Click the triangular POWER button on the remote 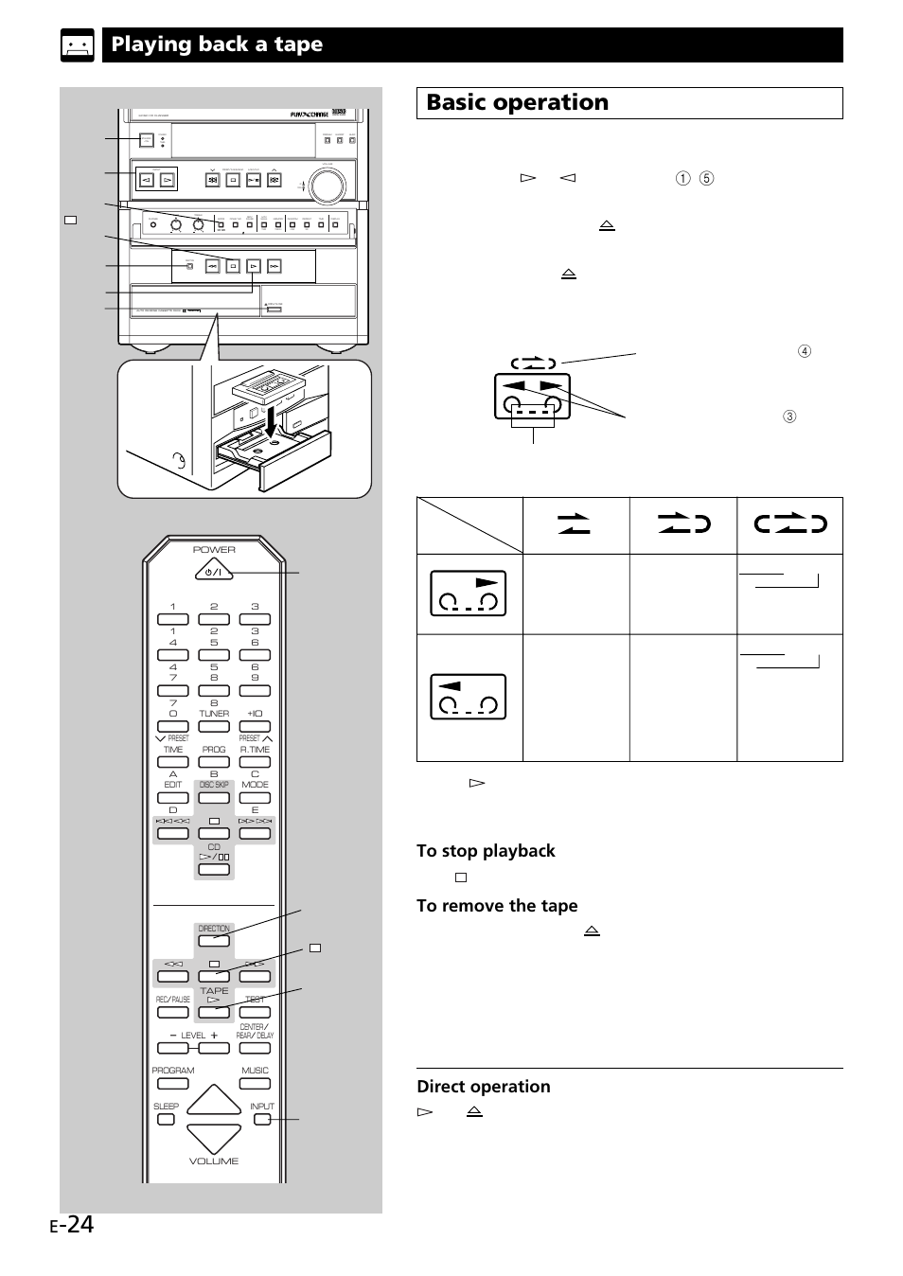click(x=214, y=571)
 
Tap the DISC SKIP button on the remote click(x=214, y=798)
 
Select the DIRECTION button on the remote click(x=214, y=941)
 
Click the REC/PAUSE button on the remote click(x=173, y=1012)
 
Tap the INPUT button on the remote click(x=261, y=1119)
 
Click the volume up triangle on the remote click(x=214, y=1100)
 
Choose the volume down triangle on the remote click(x=214, y=1139)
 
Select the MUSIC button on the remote click(x=256, y=1083)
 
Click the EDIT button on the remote click(x=173, y=798)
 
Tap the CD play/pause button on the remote click(x=214, y=869)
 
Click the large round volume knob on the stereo click(x=327, y=186)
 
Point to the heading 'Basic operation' click(x=517, y=103)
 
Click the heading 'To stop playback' click(x=486, y=851)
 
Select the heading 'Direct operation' click(x=483, y=1087)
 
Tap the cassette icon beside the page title click(x=78, y=45)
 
